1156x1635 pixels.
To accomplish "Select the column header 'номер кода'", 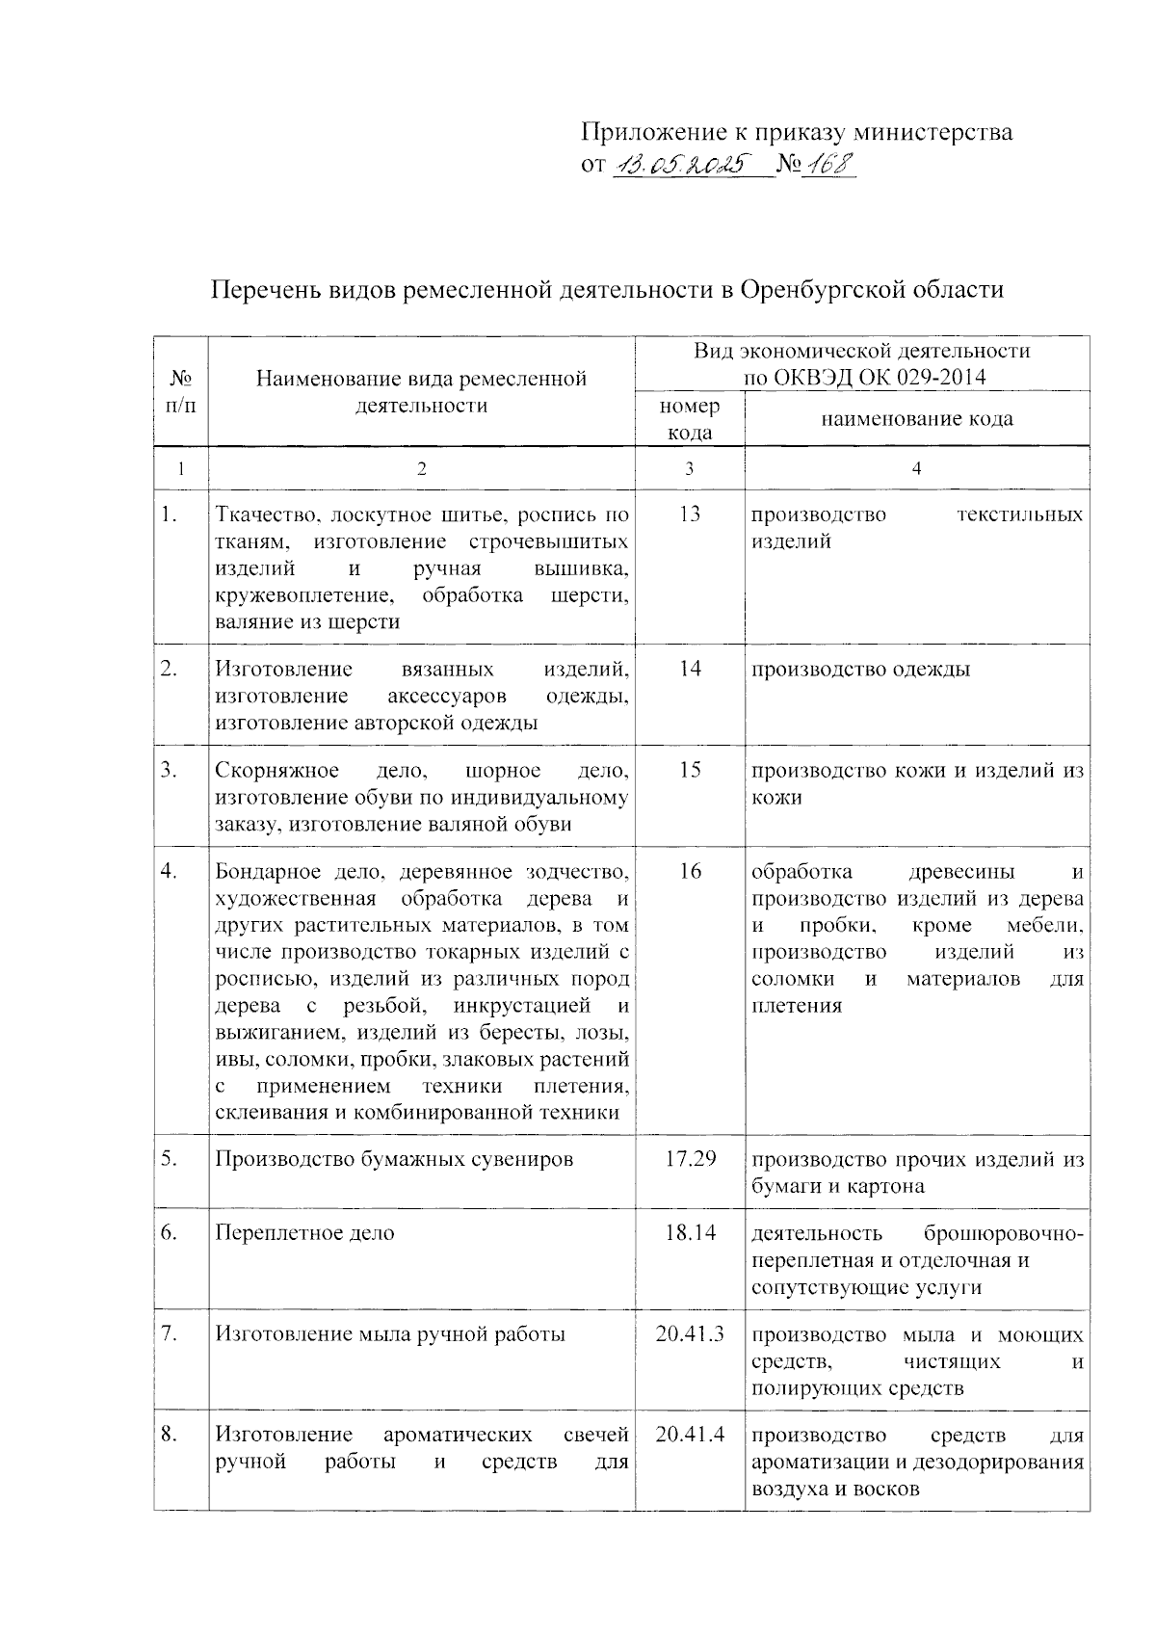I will [x=689, y=419].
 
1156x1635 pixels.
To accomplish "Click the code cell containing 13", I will [x=689, y=514].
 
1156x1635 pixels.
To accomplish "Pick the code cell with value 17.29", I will [x=690, y=1158].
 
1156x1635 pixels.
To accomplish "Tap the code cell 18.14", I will [x=690, y=1232].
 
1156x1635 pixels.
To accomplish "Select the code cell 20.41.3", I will [x=690, y=1334].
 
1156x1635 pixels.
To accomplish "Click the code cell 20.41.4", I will [x=690, y=1436].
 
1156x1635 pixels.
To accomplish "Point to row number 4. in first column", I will [x=170, y=871].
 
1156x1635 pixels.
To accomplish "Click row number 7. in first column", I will [x=170, y=1334].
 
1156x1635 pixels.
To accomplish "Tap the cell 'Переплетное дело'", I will [x=304, y=1233].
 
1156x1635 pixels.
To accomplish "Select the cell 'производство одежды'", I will [x=860, y=670].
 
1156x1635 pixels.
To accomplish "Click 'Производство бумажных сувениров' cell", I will [x=394, y=1159].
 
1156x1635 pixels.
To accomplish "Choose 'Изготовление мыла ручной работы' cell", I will [x=390, y=1334].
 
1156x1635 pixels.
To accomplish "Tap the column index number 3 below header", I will [x=689, y=468].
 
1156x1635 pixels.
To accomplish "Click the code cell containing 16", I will [x=689, y=872].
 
